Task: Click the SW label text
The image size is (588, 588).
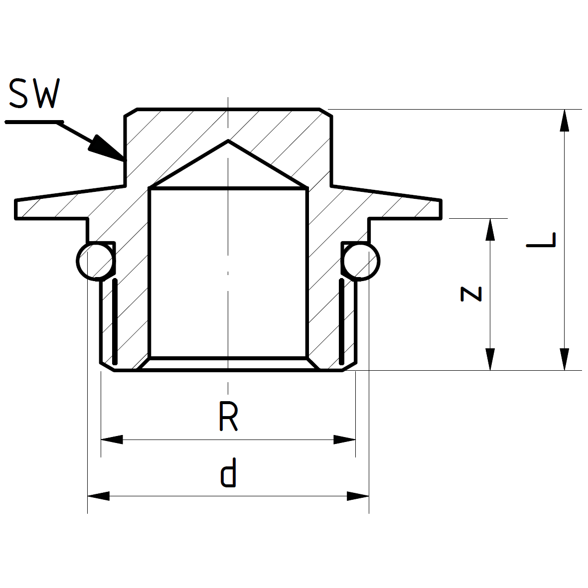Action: coord(34,93)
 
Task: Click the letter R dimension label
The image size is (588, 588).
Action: coord(228,417)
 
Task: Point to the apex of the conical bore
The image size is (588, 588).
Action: coord(228,141)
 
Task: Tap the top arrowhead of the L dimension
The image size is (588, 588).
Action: coord(564,120)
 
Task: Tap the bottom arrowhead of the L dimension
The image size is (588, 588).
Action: coord(564,360)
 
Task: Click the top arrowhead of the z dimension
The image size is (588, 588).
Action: coord(490,229)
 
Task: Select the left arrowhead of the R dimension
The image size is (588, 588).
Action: coord(112,440)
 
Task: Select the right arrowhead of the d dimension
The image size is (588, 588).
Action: coord(358,496)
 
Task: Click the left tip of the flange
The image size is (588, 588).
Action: coord(16,209)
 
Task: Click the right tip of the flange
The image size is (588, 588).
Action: coord(441,209)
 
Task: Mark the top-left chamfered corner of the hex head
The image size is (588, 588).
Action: coord(131,112)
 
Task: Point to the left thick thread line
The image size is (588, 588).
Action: coord(115,321)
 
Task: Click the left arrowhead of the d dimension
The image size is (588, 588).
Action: coord(99,496)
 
